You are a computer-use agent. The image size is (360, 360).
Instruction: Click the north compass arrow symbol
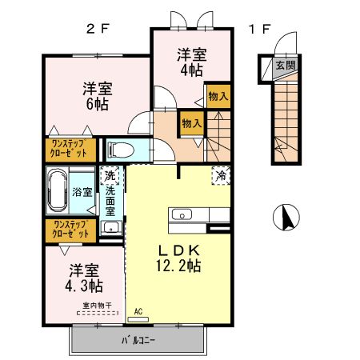tap(286, 216)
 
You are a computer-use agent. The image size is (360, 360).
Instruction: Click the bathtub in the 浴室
tap(58, 193)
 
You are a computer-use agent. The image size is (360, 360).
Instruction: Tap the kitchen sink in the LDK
tap(182, 214)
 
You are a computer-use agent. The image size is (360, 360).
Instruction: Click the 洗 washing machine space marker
tap(110, 175)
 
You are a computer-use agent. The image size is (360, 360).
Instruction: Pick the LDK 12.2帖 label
tap(179, 255)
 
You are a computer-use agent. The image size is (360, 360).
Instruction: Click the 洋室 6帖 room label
tap(94, 96)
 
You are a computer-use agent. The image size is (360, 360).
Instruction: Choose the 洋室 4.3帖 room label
tap(84, 278)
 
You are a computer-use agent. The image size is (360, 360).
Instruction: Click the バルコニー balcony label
tap(138, 340)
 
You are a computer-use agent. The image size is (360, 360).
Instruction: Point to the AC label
tap(138, 311)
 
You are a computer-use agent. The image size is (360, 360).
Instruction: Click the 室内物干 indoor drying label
tap(96, 305)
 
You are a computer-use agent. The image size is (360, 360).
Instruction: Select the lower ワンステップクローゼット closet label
tap(70, 230)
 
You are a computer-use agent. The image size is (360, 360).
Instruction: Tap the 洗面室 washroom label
tap(111, 203)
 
